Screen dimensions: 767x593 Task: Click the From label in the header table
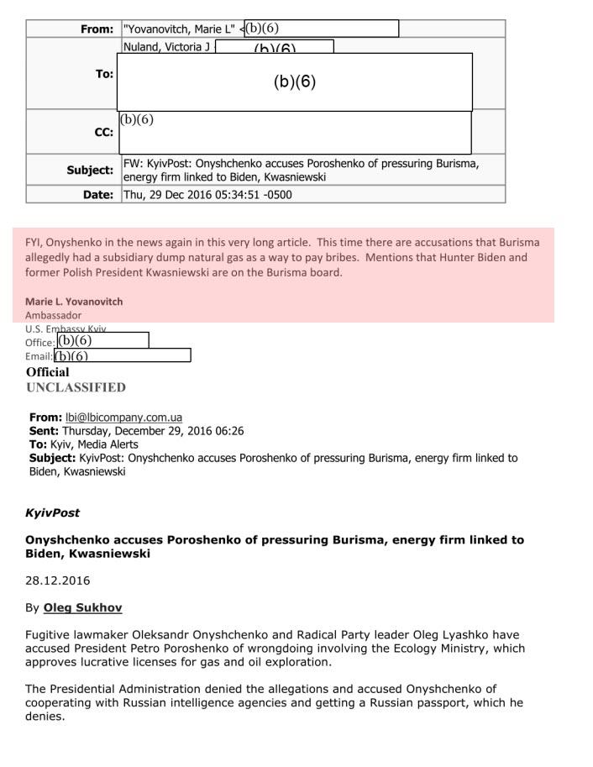(97, 29)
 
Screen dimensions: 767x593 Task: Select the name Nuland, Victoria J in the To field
(166, 47)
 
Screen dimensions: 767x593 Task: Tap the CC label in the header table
(104, 133)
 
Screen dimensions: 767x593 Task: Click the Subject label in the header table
(90, 170)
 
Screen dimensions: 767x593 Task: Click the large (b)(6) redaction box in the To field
(294, 82)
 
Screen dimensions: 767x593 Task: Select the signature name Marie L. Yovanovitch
(74, 302)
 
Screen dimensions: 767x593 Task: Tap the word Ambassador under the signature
(54, 315)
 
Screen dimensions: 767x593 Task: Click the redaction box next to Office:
(102, 341)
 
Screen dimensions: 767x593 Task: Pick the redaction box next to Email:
(123, 355)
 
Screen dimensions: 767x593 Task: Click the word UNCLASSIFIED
(76, 387)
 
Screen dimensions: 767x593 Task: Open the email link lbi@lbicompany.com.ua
(123, 418)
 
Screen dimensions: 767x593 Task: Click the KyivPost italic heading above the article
(53, 513)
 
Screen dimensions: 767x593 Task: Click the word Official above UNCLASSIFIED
(48, 372)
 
